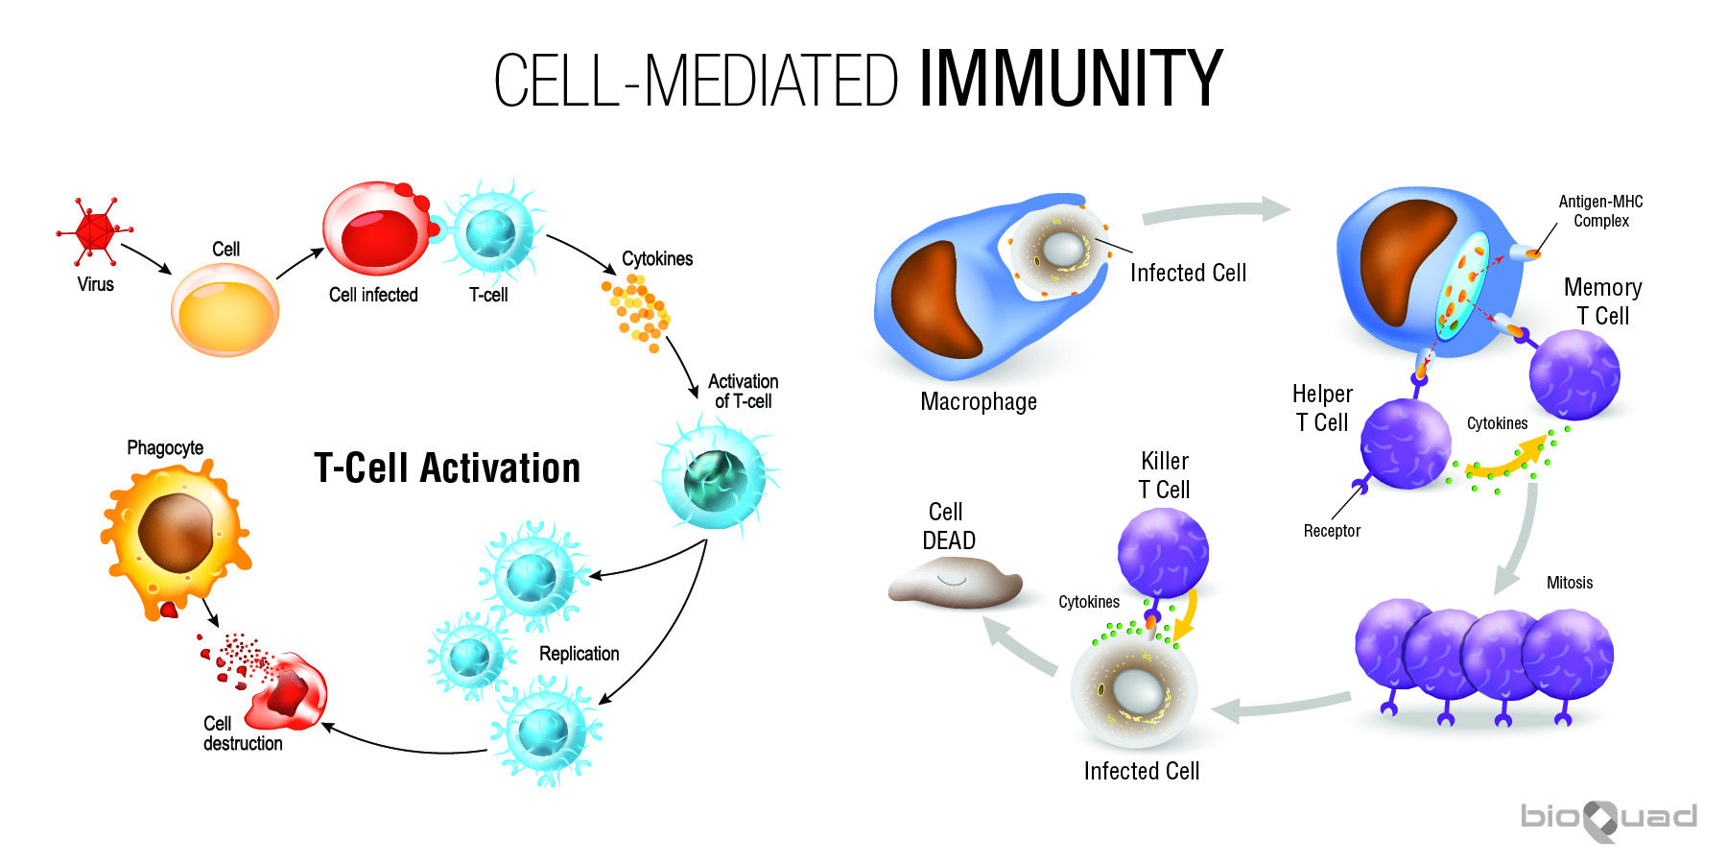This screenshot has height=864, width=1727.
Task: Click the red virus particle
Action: pos(94,231)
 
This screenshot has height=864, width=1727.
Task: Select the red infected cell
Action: pos(376,228)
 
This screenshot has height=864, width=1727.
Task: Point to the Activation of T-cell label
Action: pos(743,391)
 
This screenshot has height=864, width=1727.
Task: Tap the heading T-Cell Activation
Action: pos(447,468)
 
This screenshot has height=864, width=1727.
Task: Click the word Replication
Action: pos(579,654)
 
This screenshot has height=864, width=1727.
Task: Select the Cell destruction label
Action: pos(242,733)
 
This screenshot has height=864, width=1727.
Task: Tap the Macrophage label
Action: pos(979,401)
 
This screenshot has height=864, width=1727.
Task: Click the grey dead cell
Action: pos(955,583)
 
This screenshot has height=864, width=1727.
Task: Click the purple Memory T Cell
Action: pos(1573,375)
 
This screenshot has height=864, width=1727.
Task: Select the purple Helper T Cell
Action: pos(1406,444)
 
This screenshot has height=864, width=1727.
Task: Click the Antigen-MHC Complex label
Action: pos(1600,211)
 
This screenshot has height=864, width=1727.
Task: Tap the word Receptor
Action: pos(1332,531)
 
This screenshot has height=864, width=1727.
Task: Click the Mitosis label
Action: pos(1570,583)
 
